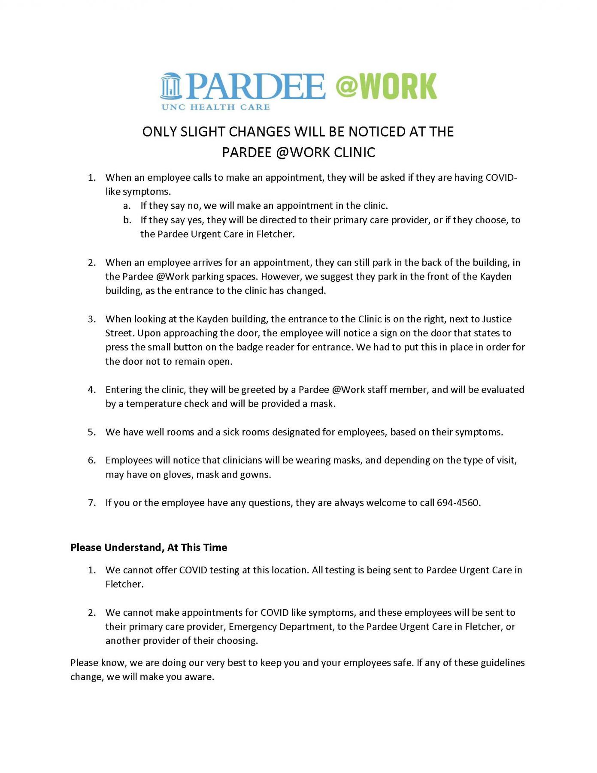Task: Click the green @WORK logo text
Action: point(385,86)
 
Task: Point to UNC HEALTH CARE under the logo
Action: point(215,107)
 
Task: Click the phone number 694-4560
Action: point(458,503)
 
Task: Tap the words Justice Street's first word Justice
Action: point(497,319)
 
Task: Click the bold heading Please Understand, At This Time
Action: point(148,548)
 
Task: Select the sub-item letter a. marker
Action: point(127,206)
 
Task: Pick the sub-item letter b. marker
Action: point(127,220)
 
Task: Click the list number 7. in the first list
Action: point(92,503)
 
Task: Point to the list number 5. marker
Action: point(92,432)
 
